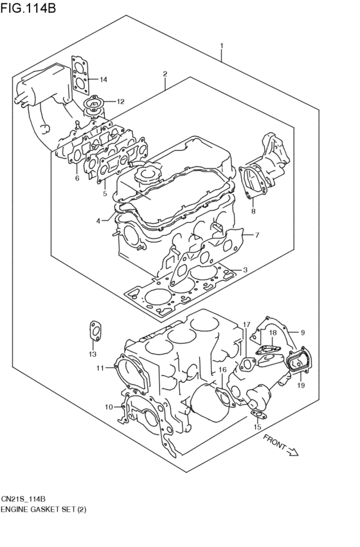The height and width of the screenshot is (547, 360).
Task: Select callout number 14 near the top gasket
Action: point(104,80)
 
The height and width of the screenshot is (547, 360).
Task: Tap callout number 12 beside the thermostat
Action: point(120,101)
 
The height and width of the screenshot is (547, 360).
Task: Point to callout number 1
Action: point(221,46)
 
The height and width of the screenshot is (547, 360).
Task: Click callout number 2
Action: point(165,74)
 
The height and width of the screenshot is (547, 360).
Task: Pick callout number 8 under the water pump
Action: point(253,211)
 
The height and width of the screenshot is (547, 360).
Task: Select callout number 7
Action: point(256,235)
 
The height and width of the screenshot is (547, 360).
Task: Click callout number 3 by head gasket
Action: point(245,269)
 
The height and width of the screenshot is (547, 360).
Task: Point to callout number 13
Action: point(92,354)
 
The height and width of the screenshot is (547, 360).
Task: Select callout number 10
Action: point(109,406)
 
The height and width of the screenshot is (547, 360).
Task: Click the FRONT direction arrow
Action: point(282,445)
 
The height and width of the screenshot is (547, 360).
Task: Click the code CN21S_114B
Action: point(27,499)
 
